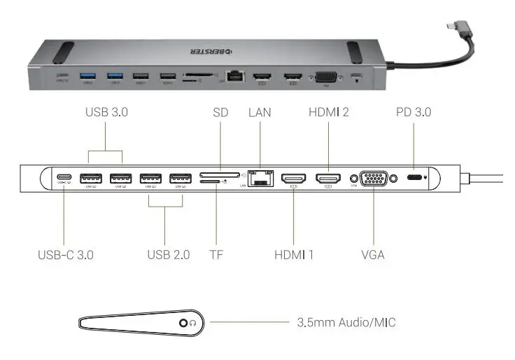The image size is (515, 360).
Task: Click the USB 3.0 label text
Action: (106, 111)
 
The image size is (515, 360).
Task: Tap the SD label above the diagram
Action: (221, 111)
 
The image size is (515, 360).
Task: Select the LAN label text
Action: (260, 111)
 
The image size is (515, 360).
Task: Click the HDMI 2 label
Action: (328, 111)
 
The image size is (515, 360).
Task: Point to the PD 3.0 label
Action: (413, 111)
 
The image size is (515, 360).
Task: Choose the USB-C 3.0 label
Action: (65, 254)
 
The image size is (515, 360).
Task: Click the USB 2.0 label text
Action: (168, 254)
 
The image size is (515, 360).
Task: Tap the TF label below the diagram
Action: (217, 254)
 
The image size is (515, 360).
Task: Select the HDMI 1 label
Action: (294, 254)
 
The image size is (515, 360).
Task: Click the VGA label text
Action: (372, 254)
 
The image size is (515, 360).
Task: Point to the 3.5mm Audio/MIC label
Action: (346, 322)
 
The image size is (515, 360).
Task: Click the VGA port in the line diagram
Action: (373, 179)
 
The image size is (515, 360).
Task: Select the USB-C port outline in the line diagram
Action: (65, 178)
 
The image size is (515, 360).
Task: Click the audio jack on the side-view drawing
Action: (184, 322)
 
